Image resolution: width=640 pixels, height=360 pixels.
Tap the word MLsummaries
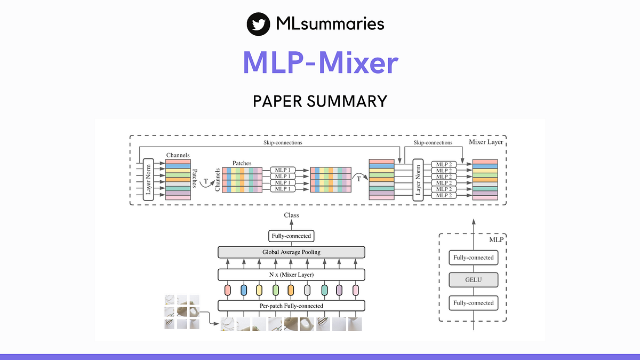(330, 24)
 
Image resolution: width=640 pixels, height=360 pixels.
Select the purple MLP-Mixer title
(320, 63)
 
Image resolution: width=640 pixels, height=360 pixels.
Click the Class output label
(291, 215)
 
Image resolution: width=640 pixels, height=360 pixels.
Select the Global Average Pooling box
(291, 252)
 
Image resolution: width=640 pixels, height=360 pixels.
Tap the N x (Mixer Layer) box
(291, 275)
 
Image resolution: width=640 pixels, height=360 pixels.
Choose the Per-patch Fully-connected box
(291, 306)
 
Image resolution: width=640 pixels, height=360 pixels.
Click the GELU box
(473, 280)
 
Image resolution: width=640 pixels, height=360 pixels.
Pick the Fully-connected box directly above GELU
(473, 258)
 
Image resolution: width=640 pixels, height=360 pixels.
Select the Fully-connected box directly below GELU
(473, 303)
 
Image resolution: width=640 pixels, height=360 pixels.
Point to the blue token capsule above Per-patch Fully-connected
(244, 290)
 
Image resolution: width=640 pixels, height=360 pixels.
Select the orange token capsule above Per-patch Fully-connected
(291, 290)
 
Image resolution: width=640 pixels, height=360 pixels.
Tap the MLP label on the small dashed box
(496, 240)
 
